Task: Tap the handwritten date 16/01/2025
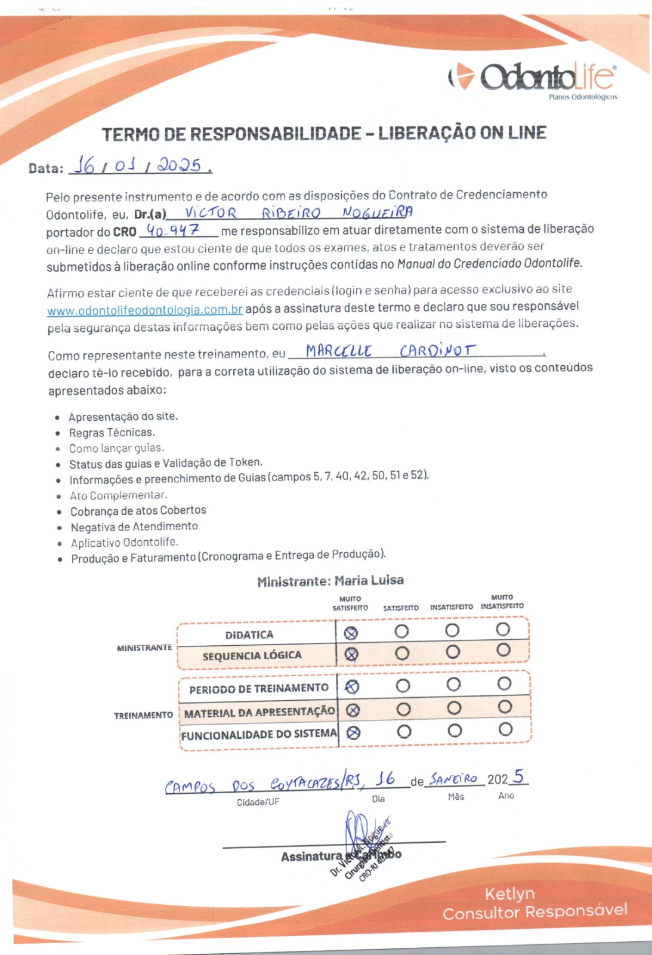(141, 164)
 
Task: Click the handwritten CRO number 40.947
(173, 230)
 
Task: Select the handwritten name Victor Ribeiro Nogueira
(298, 212)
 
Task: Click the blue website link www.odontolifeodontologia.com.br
(144, 310)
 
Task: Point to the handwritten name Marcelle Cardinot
(391, 350)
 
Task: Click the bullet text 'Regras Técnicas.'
(112, 432)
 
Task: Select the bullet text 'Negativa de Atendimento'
(134, 526)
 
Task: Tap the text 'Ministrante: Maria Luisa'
(330, 581)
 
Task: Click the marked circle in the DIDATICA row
(351, 633)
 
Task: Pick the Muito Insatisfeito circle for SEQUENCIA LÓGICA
(503, 650)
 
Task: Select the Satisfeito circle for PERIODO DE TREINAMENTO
(403, 685)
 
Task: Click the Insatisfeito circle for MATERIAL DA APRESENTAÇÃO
(454, 708)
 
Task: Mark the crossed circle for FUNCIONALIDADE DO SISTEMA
(353, 732)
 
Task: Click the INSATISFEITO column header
(452, 607)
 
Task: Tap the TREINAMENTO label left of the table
(144, 715)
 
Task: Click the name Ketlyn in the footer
(509, 894)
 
